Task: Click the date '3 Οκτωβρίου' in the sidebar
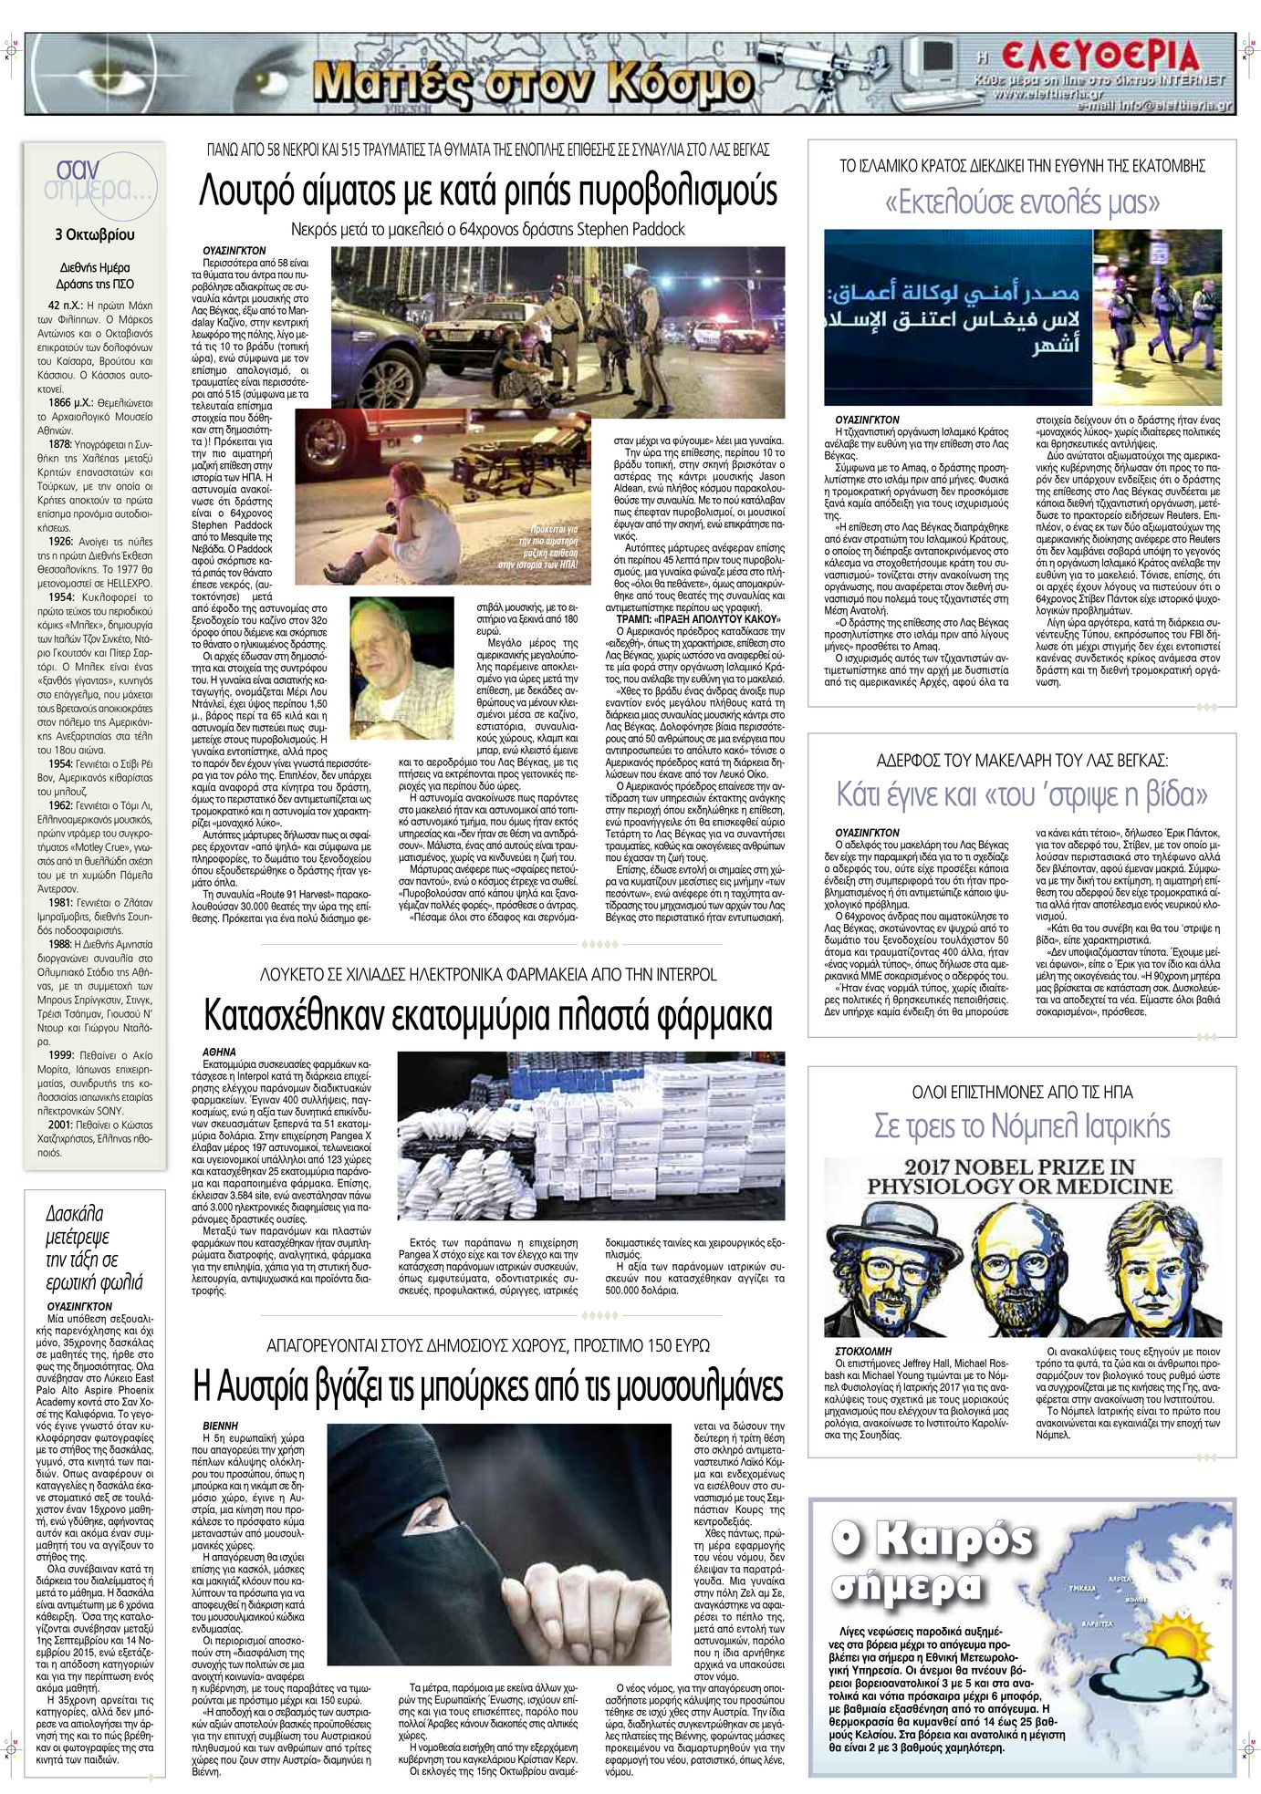click(x=95, y=234)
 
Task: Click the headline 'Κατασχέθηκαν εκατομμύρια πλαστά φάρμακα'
click(x=488, y=1014)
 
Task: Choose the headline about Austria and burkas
click(x=488, y=1387)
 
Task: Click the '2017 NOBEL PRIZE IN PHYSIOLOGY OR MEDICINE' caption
click(x=1020, y=1176)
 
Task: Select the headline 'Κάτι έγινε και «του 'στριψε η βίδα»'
click(x=1022, y=793)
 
